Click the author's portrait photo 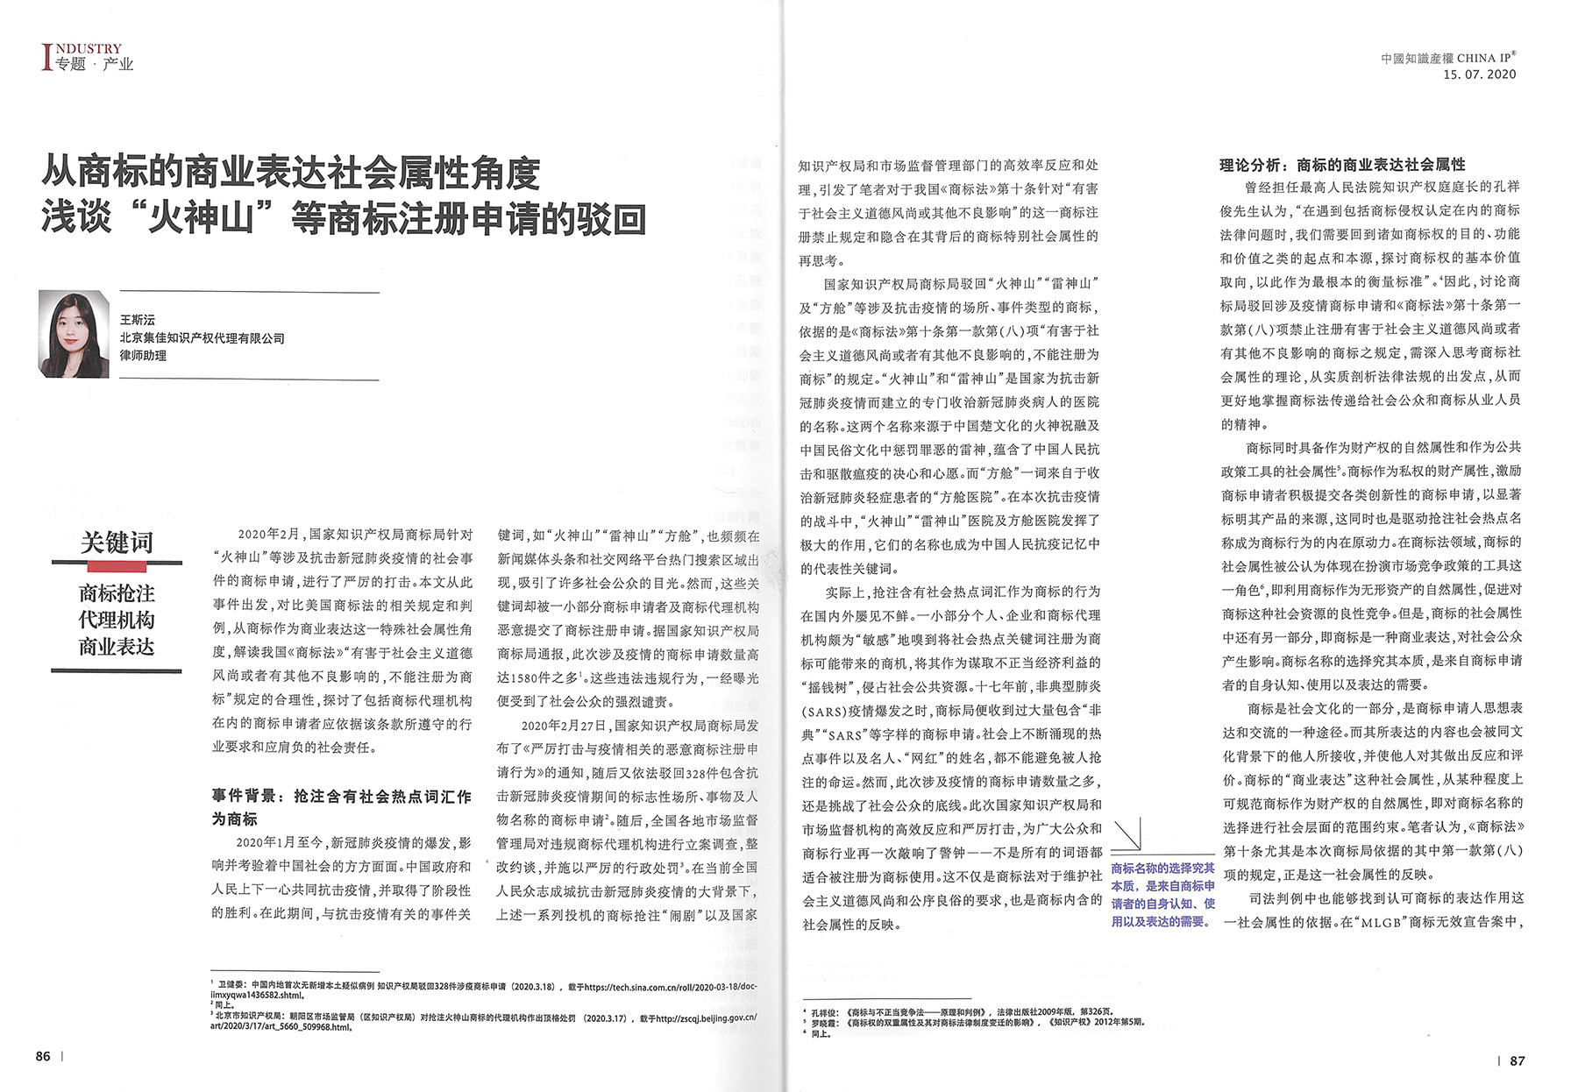[74, 334]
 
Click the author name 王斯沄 [138, 320]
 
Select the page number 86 [43, 1056]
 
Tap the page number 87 [1518, 1060]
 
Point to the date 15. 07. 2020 [1479, 74]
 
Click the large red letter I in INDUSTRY [47, 58]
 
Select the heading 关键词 [117, 542]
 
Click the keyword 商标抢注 [117, 593]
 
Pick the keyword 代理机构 [117, 620]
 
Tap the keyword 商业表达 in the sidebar [117, 647]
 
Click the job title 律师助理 [143, 355]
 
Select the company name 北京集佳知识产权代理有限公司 [202, 337]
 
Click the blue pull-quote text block [1162, 894]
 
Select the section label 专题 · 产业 [95, 64]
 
